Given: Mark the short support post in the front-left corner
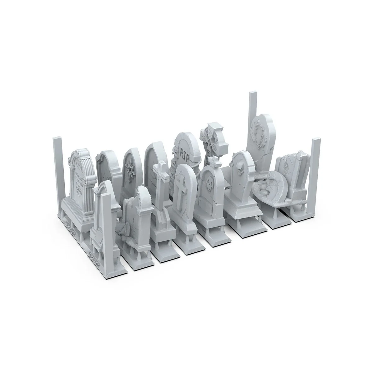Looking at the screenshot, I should (110, 224).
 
